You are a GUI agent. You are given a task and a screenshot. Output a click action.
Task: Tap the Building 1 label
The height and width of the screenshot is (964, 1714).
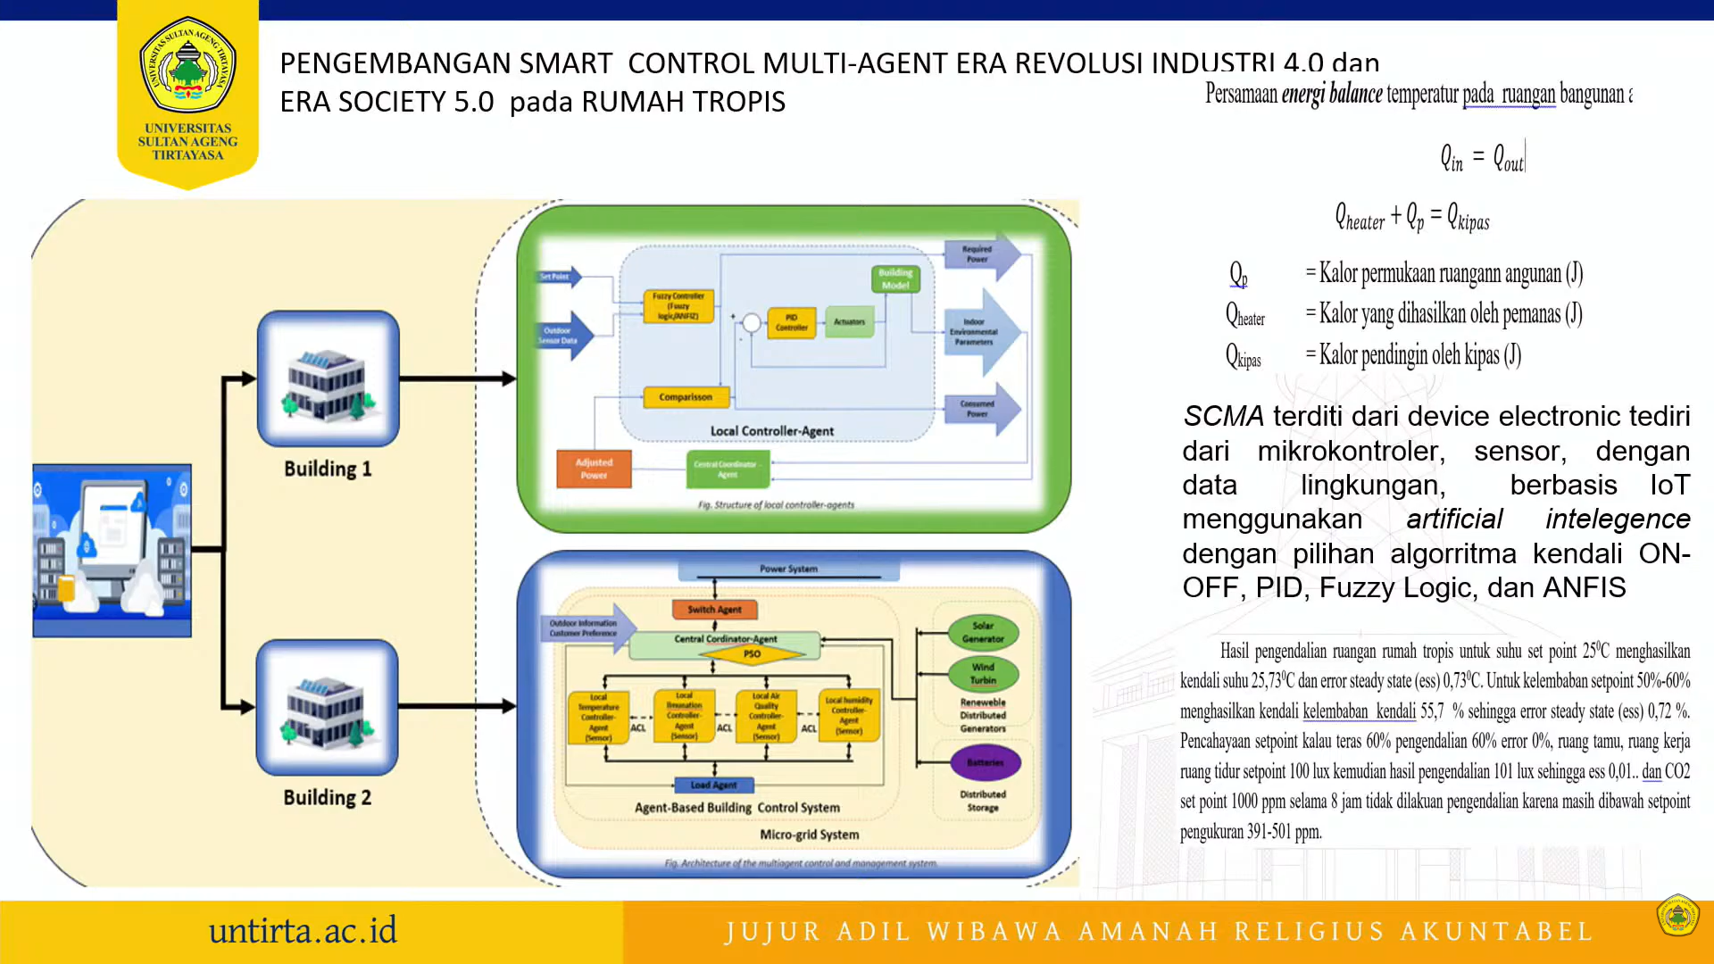[x=328, y=469]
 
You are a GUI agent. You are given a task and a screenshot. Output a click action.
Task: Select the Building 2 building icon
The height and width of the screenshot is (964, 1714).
[x=327, y=708]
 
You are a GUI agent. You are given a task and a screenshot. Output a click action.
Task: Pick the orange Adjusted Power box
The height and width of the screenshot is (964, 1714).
[x=594, y=469]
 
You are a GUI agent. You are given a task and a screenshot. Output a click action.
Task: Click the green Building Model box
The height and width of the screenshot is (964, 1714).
[x=894, y=279]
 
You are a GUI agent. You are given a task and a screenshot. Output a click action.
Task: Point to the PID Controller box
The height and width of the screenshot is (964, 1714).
[x=791, y=322]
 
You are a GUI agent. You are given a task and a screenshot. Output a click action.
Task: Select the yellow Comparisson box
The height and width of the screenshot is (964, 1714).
[x=686, y=397]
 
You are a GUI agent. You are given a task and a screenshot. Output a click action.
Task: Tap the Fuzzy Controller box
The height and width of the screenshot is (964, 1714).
[x=678, y=306]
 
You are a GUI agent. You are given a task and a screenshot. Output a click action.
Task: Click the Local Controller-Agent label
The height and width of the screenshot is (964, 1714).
[x=772, y=431]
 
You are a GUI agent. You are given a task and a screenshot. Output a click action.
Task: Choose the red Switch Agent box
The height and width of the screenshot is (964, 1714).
[x=714, y=610]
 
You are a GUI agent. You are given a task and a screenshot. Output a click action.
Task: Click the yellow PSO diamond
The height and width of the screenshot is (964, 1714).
[x=752, y=654]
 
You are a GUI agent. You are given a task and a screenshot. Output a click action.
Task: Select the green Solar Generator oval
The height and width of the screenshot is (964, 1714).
[x=983, y=632]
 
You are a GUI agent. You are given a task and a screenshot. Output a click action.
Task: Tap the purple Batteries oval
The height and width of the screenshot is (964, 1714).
[x=985, y=762]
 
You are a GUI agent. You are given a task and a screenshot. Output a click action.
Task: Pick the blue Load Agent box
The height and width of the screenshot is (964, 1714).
[x=713, y=785]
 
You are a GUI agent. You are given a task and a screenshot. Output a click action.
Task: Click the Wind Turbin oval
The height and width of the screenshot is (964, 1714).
[x=983, y=673]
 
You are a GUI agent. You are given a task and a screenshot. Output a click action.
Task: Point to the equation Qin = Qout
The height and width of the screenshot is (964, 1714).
[x=1482, y=159]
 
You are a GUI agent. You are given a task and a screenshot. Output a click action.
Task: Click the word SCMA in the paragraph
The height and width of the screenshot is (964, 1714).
[x=1223, y=417]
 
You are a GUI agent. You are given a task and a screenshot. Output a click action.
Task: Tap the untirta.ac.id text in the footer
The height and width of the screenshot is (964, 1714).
[x=303, y=931]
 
